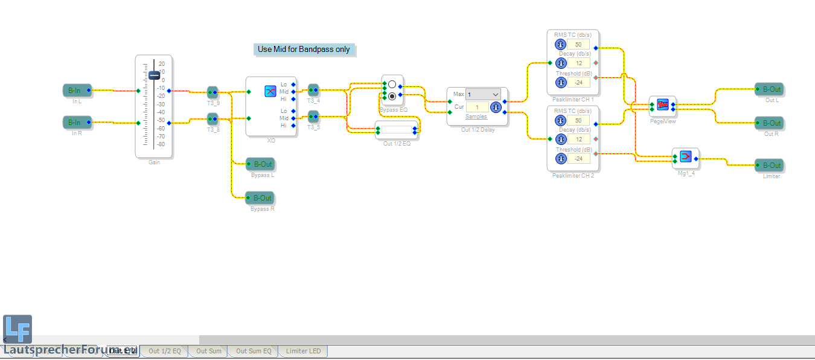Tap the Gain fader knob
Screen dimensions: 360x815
[x=154, y=76]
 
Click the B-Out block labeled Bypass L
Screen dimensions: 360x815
[x=260, y=164]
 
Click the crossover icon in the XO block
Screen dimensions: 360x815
[x=270, y=91]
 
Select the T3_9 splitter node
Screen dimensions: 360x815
[x=213, y=92]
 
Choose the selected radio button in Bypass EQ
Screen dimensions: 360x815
[x=392, y=96]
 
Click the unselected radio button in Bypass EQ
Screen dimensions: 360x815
[x=392, y=84]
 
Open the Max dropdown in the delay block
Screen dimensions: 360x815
[x=483, y=94]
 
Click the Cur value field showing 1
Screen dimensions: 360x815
[x=477, y=107]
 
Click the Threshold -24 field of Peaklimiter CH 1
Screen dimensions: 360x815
[x=578, y=82]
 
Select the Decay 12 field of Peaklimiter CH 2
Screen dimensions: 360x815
[x=578, y=139]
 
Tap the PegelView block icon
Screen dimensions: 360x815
[x=662, y=104]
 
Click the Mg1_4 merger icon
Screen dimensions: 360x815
[x=685, y=156]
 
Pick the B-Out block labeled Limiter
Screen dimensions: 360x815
[x=769, y=166]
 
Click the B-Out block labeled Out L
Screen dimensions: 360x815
[x=769, y=89]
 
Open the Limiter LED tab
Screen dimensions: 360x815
[x=303, y=351]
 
